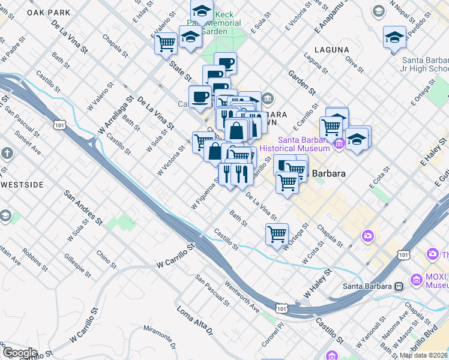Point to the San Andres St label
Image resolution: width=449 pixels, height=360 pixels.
[x=82, y=208]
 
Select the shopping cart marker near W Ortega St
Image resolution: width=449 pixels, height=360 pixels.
[x=277, y=233]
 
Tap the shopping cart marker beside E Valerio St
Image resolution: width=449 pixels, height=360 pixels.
[x=166, y=42]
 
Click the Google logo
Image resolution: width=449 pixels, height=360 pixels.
[x=19, y=353]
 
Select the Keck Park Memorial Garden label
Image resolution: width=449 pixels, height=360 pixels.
[x=220, y=22]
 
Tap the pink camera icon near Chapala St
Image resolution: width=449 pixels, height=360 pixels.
[x=367, y=236]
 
